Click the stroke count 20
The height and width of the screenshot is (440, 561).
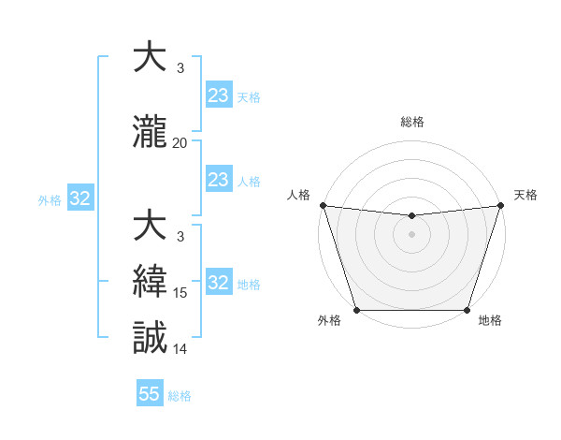click(x=180, y=143)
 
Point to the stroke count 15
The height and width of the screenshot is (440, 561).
click(x=180, y=293)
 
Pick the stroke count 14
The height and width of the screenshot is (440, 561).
click(x=180, y=349)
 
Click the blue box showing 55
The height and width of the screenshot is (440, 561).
click(x=150, y=394)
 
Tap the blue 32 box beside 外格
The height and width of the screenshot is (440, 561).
click(x=79, y=198)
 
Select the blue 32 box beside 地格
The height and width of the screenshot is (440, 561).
click(x=218, y=284)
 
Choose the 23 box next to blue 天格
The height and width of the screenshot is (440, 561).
click(x=218, y=95)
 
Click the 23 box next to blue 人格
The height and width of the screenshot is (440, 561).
click(x=218, y=180)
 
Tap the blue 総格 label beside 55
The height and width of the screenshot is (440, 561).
click(x=180, y=396)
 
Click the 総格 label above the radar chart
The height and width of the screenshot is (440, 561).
click(x=411, y=122)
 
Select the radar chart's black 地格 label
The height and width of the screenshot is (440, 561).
click(x=490, y=320)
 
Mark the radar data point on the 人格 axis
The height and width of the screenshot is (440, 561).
click(x=323, y=205)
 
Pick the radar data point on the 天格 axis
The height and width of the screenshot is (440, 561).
click(x=500, y=205)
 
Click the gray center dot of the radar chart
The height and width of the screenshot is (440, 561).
click(x=411, y=234)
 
